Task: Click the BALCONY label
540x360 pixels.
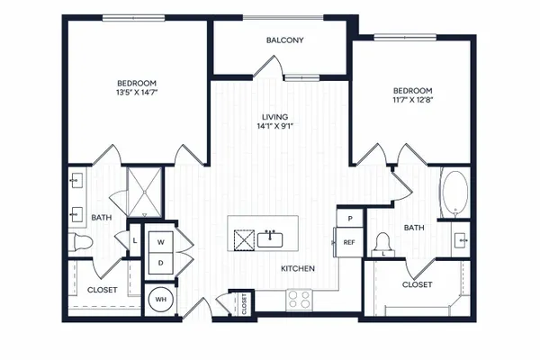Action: coord(284,40)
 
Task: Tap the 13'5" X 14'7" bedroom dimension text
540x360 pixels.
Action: coord(137,92)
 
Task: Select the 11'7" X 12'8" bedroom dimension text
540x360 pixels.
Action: coord(412,100)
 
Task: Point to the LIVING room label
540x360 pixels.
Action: coord(274,117)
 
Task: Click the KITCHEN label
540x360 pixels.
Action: coord(298,268)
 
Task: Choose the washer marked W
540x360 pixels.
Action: coord(161,242)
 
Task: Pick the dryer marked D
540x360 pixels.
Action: coord(161,263)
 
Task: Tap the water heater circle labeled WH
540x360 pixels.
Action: coord(161,300)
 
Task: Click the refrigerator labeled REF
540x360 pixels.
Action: coord(349,242)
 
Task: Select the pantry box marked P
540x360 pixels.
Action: coord(350,218)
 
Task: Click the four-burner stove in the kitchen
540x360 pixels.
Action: coord(299,299)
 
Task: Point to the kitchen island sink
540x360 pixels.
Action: coord(270,239)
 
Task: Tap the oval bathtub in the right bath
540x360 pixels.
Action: coord(455,193)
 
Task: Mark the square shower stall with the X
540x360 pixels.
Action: coord(145,193)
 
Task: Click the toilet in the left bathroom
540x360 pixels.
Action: coord(81,242)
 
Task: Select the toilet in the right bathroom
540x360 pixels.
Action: coord(382,244)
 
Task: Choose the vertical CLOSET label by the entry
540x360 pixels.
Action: coord(244,304)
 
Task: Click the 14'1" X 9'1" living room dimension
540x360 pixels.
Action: coord(274,126)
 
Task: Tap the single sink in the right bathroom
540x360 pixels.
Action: coord(461,240)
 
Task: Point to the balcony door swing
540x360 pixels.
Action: coord(269,66)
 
